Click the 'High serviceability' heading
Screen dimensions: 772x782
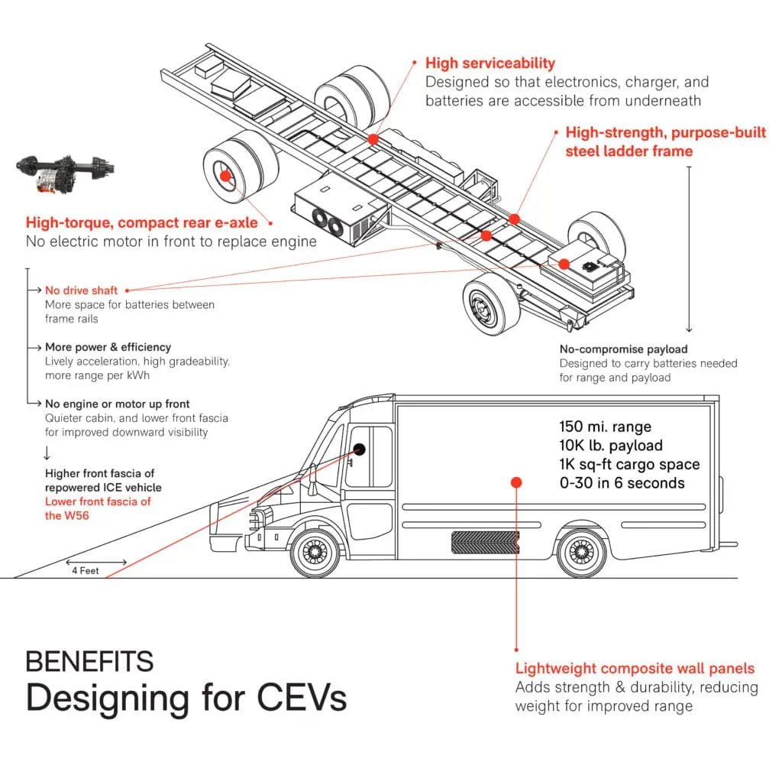(x=490, y=63)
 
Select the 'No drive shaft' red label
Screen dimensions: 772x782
(x=81, y=290)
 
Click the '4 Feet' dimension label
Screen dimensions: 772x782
(x=85, y=570)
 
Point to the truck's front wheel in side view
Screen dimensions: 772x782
(x=315, y=552)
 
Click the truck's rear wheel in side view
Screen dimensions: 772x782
(x=581, y=552)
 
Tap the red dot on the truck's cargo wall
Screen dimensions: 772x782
(x=516, y=482)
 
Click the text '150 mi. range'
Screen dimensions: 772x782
(x=605, y=427)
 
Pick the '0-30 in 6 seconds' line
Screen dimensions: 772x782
(x=622, y=482)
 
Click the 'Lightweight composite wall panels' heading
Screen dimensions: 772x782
(x=635, y=669)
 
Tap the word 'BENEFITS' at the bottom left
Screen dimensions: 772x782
(x=89, y=661)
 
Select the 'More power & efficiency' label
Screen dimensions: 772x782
(x=108, y=347)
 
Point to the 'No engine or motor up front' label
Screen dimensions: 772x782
(x=117, y=404)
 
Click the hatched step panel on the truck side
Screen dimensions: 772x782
(x=486, y=542)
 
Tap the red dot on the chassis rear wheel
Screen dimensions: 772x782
(x=226, y=176)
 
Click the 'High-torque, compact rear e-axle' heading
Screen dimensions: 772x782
(x=141, y=223)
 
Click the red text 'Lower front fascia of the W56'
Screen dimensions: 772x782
(x=98, y=508)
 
